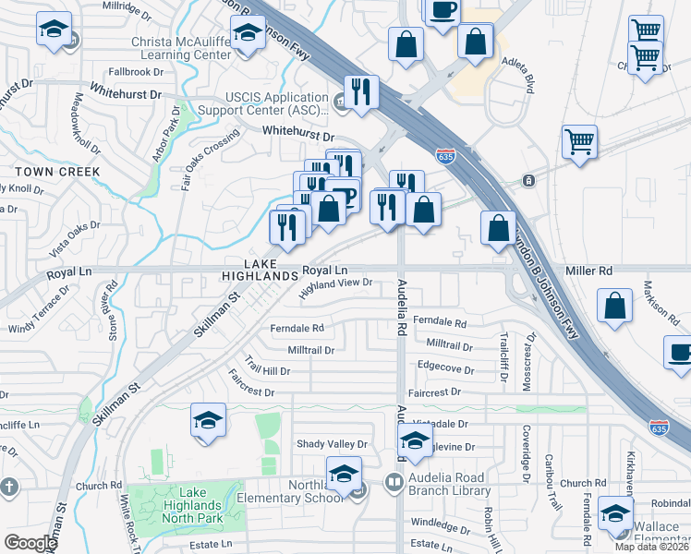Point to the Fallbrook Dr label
coord(135,71)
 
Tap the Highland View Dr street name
coord(335,289)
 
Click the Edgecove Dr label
coord(445,367)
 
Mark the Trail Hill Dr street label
coord(267,366)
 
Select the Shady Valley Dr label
coord(332,444)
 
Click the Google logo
coord(30,542)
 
